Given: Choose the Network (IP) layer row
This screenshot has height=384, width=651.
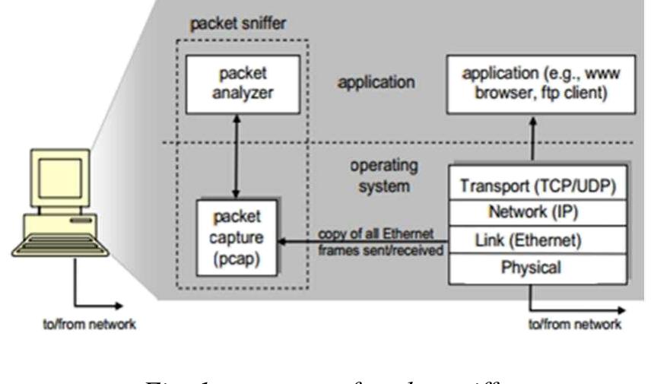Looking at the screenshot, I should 538,211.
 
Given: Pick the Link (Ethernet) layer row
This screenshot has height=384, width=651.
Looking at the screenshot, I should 538,240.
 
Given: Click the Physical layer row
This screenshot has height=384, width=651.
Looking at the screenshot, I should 538,267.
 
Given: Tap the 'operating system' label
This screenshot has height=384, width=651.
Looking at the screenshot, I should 376,174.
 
